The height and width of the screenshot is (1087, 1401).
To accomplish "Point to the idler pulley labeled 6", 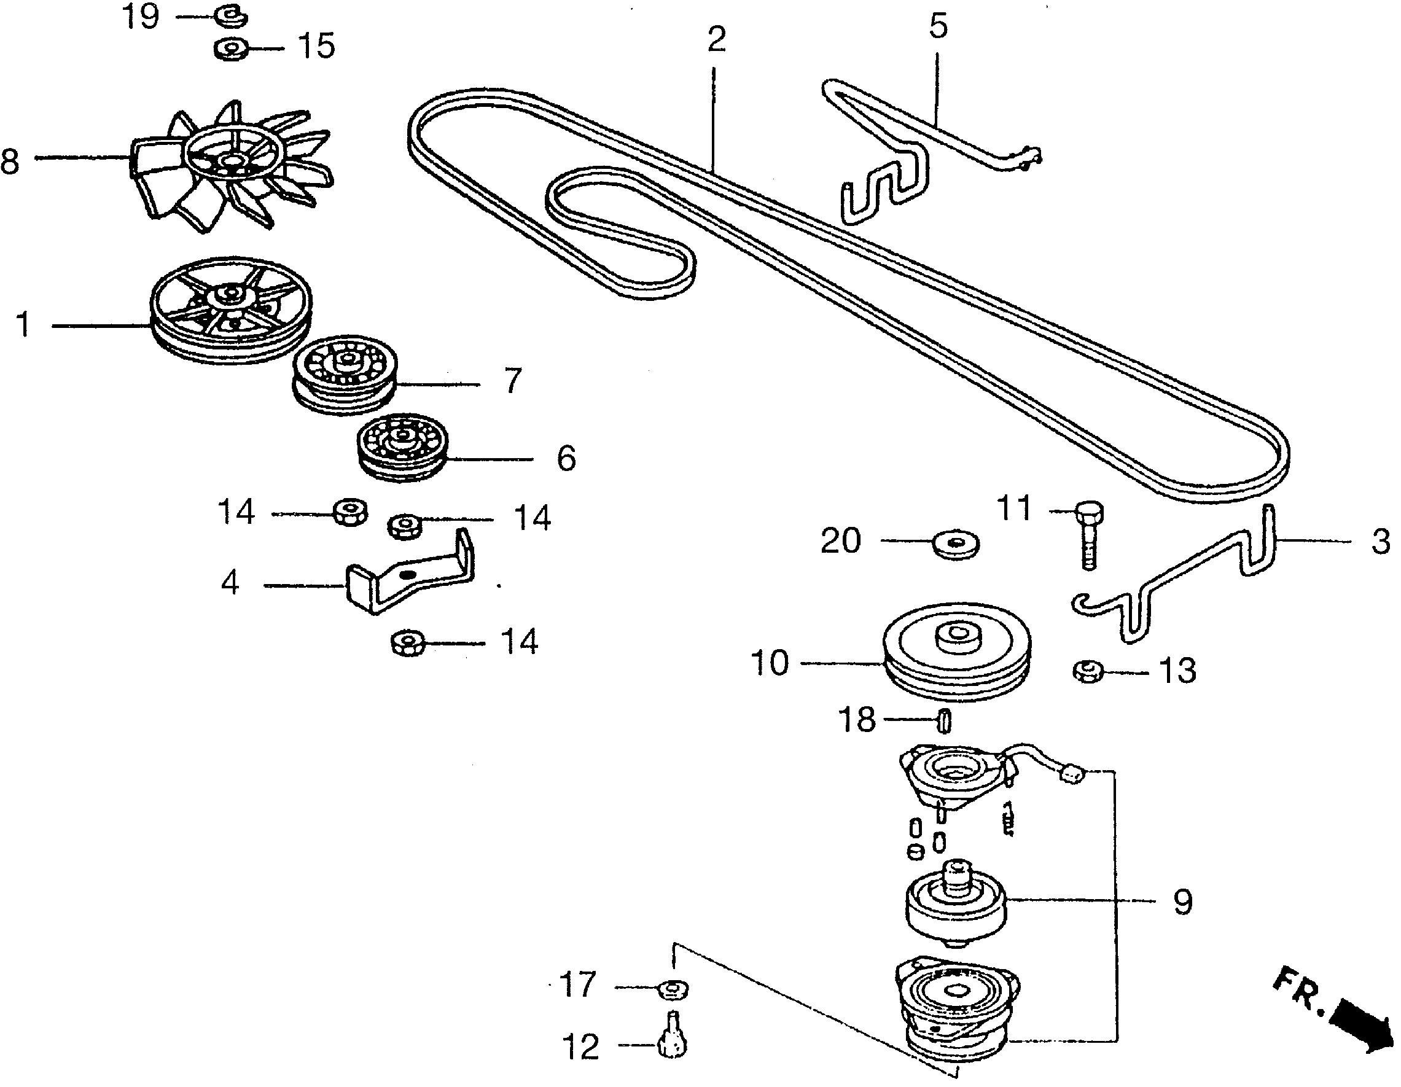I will (402, 448).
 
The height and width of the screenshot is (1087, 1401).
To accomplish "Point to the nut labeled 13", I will (1088, 671).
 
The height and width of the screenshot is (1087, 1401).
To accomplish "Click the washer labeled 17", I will (673, 989).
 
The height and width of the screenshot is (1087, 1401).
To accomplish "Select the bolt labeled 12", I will (672, 1043).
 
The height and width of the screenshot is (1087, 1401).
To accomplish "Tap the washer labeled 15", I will (232, 49).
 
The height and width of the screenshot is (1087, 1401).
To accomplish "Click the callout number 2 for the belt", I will (716, 40).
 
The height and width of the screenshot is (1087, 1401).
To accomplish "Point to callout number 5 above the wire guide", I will (937, 27).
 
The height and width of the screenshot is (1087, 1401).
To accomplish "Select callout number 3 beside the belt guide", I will (1381, 541).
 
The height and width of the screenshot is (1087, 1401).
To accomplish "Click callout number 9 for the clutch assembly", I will (1182, 902).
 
